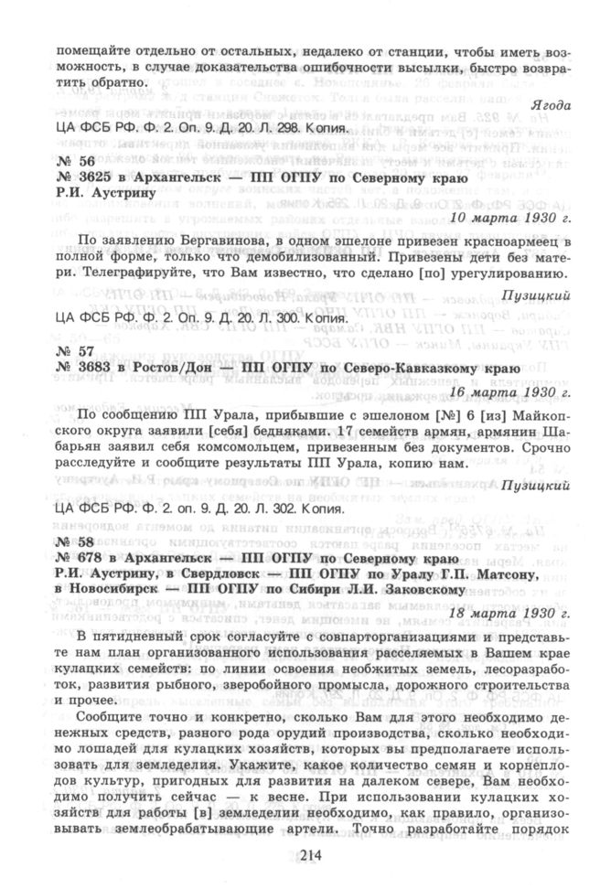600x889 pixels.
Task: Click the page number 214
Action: click(x=299, y=856)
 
